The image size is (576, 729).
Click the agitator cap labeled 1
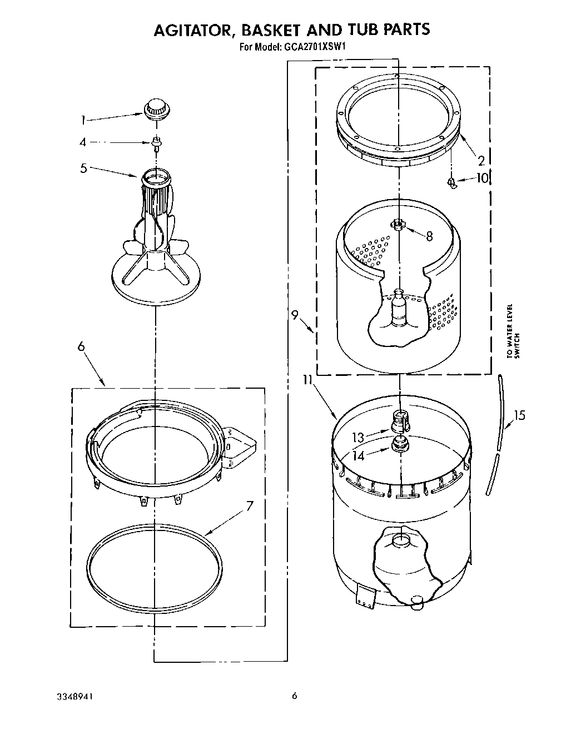[x=156, y=108]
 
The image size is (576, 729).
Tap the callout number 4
[x=83, y=142]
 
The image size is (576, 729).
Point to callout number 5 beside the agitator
[x=83, y=167]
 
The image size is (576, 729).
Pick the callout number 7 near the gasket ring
[x=250, y=506]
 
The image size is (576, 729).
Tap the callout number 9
[x=295, y=315]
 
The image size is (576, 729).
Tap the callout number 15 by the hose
[x=519, y=415]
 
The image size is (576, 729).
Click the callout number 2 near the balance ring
[x=481, y=161]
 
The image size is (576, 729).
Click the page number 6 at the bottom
[x=295, y=696]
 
